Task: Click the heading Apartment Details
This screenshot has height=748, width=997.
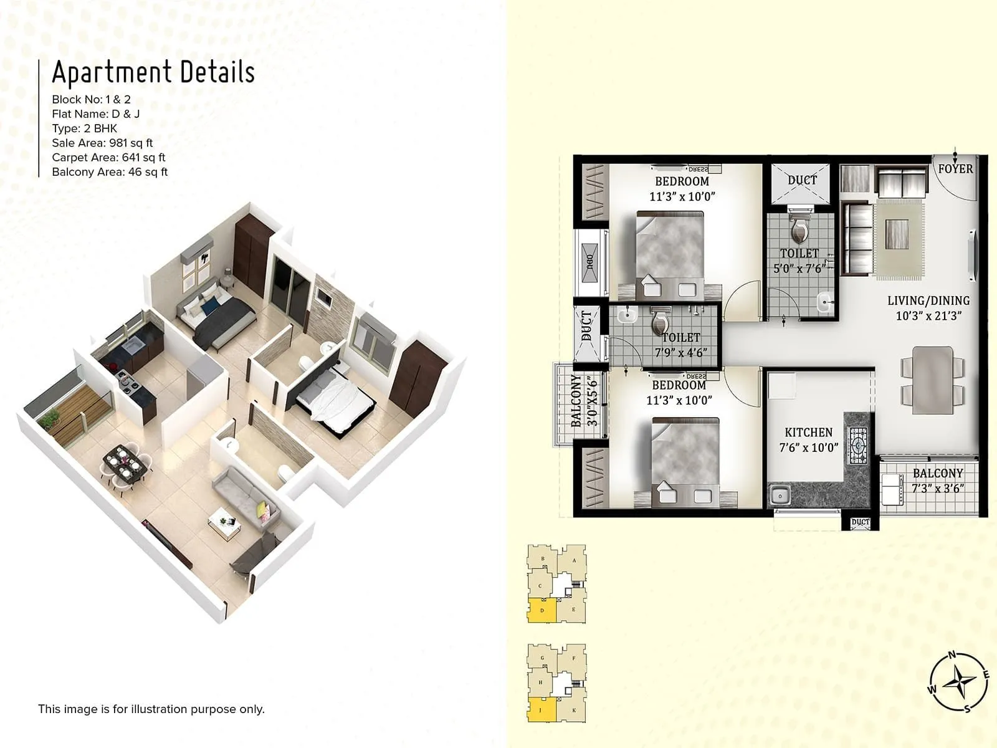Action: [153, 72]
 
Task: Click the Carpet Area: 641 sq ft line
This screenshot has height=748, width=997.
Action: [108, 158]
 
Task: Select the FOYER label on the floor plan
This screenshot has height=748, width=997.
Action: [955, 169]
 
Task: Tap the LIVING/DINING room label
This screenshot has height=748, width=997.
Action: [928, 301]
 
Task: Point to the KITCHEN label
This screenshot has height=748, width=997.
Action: [808, 433]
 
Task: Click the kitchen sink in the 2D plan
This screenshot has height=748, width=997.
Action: [779, 496]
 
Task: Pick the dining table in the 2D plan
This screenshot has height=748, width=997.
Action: [932, 380]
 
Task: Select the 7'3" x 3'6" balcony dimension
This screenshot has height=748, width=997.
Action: [937, 489]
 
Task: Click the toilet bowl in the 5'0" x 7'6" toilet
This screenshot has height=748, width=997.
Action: [799, 232]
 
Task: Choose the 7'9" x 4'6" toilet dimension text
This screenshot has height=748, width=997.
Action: [680, 353]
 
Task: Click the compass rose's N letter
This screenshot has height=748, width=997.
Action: [952, 655]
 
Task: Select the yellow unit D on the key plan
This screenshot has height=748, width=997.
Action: [541, 610]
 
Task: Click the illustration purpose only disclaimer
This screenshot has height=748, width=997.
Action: [151, 709]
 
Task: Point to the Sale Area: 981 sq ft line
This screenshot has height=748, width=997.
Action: [102, 143]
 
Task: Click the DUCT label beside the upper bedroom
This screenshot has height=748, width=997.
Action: [801, 180]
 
